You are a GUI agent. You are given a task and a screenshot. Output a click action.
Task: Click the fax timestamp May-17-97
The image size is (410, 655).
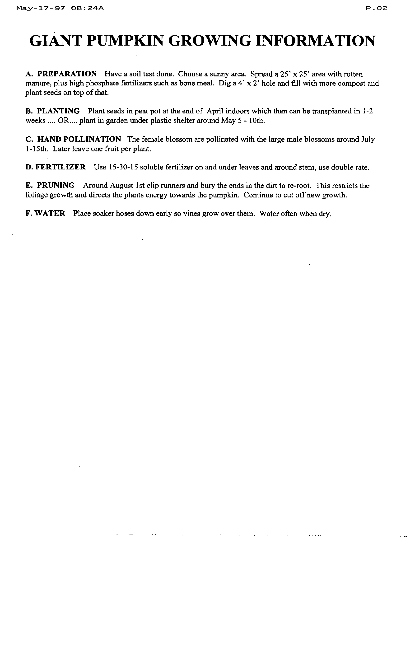tap(41, 8)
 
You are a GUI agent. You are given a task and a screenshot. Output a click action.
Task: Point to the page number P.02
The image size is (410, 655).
tap(376, 8)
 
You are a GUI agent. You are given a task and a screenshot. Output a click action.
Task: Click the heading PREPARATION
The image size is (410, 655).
tap(67, 74)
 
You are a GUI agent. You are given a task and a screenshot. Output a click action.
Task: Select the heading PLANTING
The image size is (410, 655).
tap(58, 111)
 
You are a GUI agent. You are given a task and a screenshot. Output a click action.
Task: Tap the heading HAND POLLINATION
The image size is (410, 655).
tap(79, 139)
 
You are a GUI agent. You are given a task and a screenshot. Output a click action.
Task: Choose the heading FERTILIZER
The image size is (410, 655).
tap(61, 167)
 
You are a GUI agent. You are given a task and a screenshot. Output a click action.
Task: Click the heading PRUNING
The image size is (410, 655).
tap(56, 186)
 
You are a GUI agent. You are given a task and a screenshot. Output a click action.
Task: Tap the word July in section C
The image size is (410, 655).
tap(368, 139)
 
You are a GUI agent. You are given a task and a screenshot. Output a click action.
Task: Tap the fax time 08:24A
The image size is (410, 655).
tap(87, 8)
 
